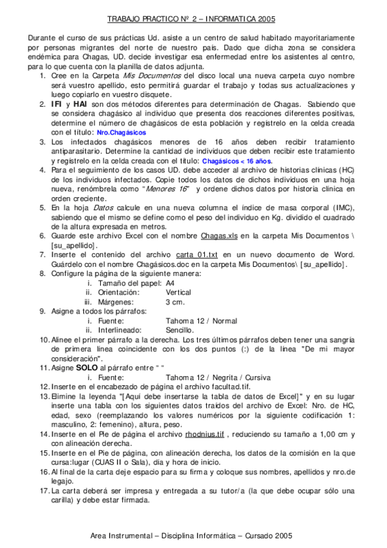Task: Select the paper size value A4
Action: (170, 283)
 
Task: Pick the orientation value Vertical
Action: (178, 292)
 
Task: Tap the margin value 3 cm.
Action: (175, 302)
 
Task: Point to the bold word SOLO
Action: (87, 367)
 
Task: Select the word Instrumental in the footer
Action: (136, 536)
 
